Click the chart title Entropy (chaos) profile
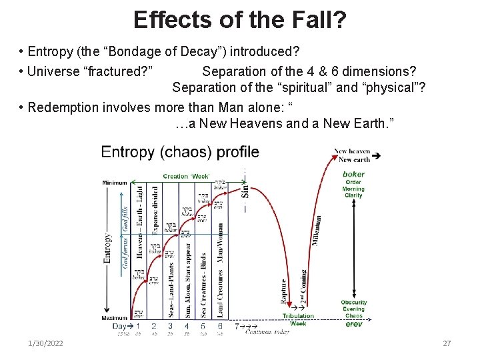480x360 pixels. tap(180, 152)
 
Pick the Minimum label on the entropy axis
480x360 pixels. tap(115, 183)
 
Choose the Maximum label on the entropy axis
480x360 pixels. tap(115, 318)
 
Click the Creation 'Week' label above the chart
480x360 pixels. tap(187, 176)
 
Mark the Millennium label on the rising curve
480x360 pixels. tap(318, 229)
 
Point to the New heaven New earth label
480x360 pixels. tap(353, 155)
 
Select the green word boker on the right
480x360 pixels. tap(353, 174)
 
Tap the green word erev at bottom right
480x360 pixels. tap(353, 324)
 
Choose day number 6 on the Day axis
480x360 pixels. tap(219, 326)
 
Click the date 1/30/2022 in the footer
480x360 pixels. tap(46, 343)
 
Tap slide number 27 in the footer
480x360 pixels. tap(447, 343)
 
